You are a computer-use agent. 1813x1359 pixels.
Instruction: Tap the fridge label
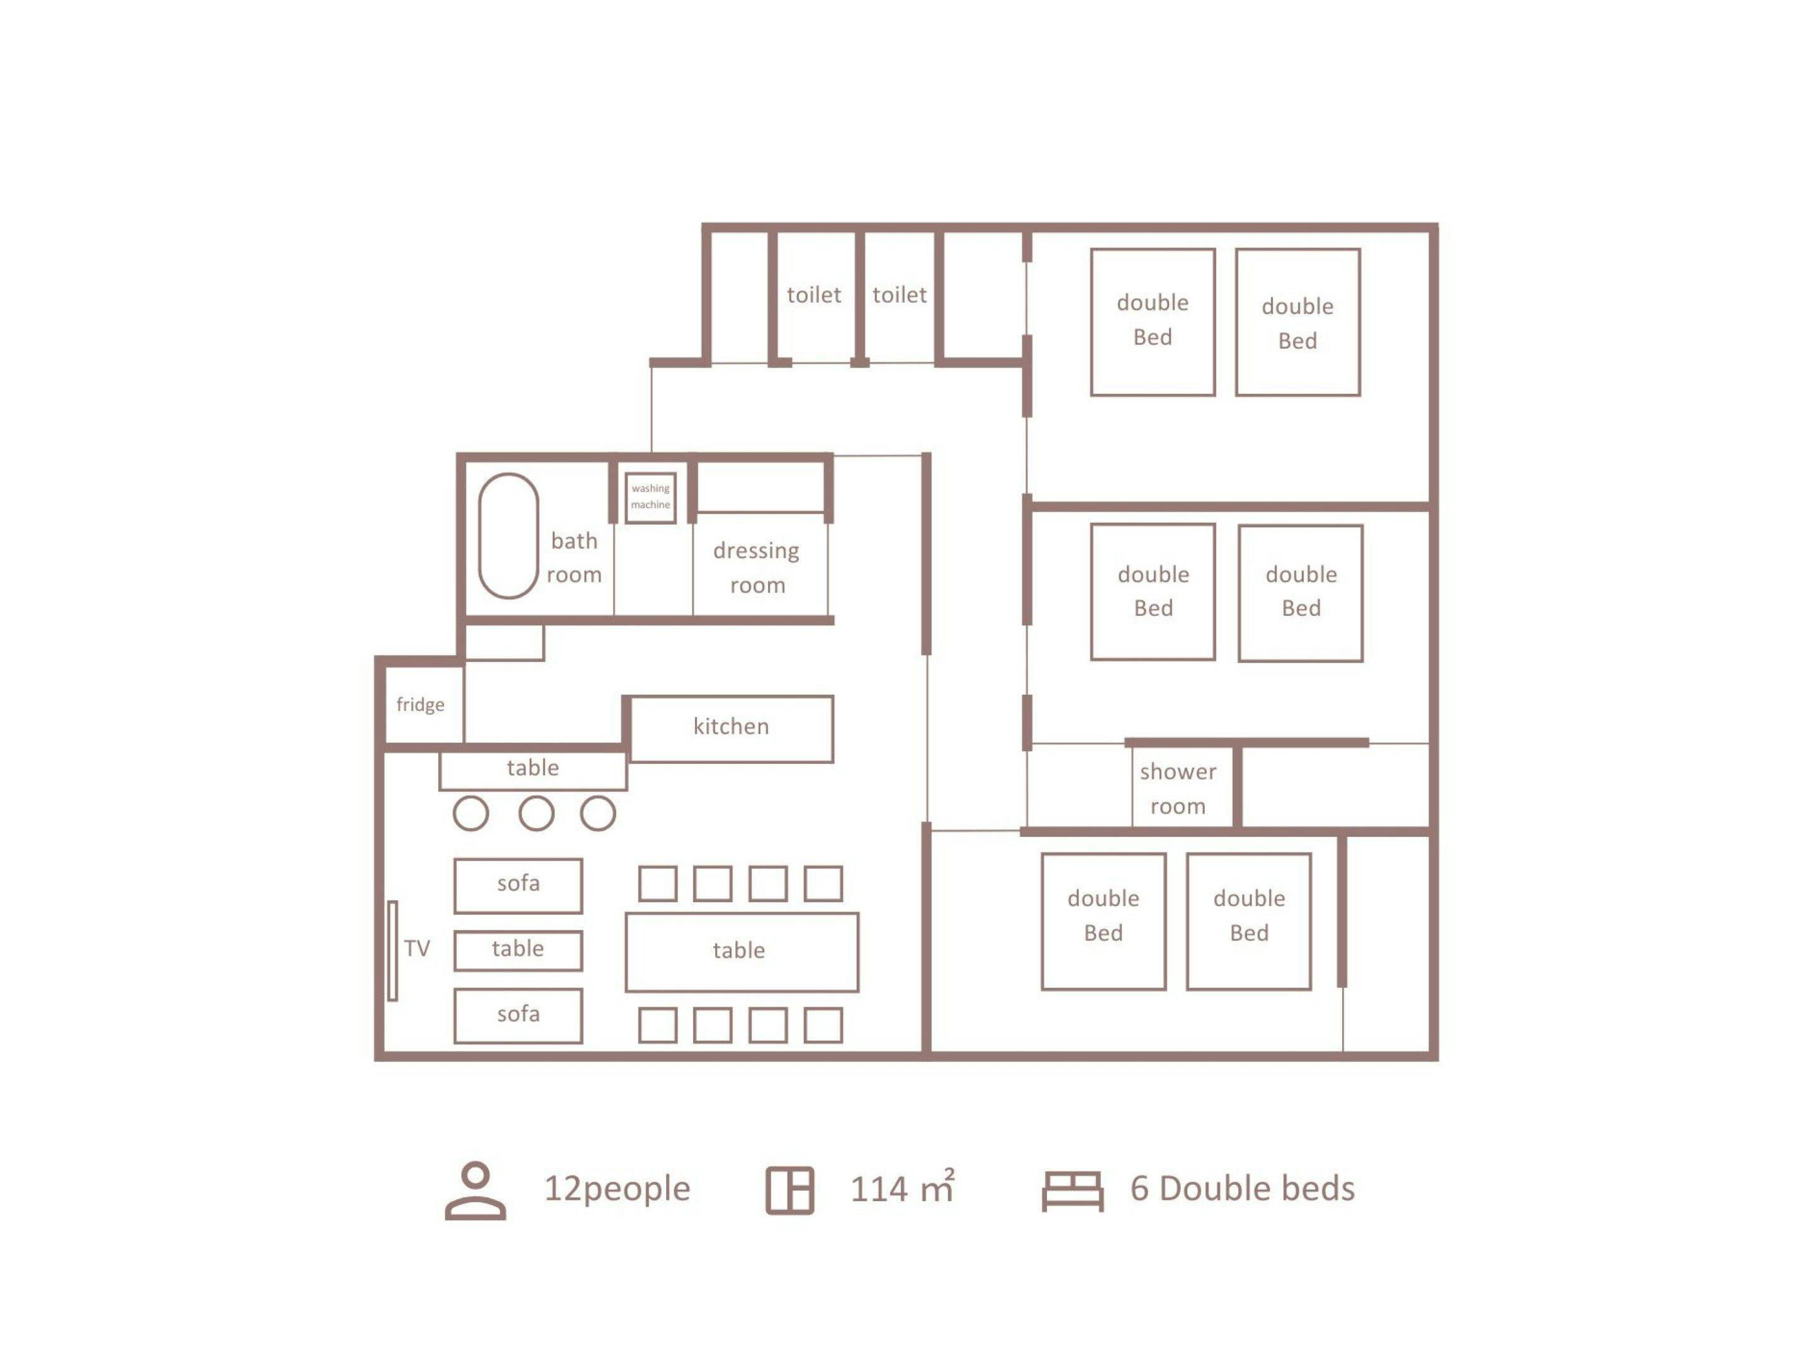coord(421,705)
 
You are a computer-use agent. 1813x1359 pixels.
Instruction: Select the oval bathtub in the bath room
coord(508,536)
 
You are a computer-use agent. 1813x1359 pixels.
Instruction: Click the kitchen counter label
coord(731,727)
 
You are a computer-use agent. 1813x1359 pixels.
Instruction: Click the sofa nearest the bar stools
coord(518,885)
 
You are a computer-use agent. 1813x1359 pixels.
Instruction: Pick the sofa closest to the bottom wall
coord(518,1015)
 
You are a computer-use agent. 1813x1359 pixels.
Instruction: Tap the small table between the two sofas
coord(518,950)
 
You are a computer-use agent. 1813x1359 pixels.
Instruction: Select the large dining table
coord(742,952)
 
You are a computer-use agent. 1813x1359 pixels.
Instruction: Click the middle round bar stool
coord(536,814)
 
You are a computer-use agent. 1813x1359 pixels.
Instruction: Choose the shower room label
coord(1178,789)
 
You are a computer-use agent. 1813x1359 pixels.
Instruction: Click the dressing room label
coord(757,568)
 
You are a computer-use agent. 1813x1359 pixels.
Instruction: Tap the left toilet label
coord(814,295)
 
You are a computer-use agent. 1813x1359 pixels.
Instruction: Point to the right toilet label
coord(899,295)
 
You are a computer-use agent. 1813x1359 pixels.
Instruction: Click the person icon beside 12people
coord(475,1191)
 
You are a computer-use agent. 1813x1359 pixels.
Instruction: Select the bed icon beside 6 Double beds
coord(1073,1191)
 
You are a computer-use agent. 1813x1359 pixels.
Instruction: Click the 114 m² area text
coord(902,1187)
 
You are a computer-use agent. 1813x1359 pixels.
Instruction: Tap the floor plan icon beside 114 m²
coord(790,1190)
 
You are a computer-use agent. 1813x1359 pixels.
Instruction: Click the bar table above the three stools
coord(533,770)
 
